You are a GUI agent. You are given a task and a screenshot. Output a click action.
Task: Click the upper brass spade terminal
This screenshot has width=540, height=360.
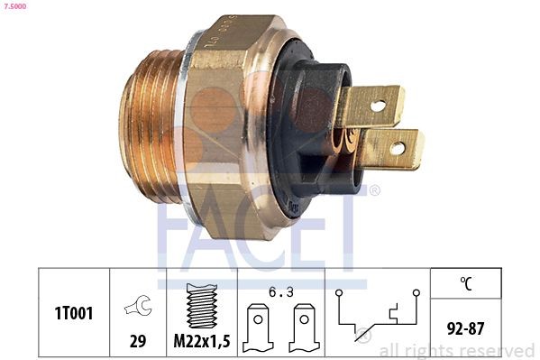[x=371, y=106]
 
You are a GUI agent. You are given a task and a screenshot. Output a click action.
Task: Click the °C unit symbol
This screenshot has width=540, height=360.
[x=467, y=282]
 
